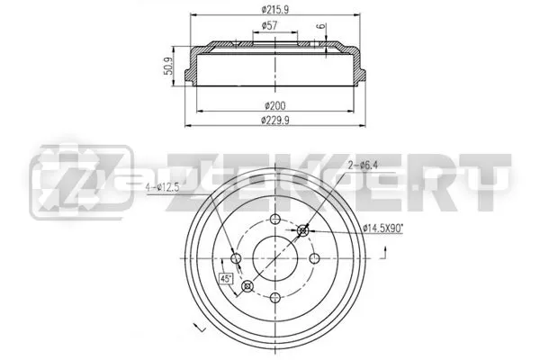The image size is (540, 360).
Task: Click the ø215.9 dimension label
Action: pyautogui.click(x=274, y=10)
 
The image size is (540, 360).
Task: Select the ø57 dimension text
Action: pyautogui.click(x=270, y=25)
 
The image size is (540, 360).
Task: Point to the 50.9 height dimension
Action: pyautogui.click(x=168, y=66)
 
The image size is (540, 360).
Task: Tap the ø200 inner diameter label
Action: pyautogui.click(x=274, y=105)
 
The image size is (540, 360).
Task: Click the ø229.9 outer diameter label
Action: pyautogui.click(x=274, y=121)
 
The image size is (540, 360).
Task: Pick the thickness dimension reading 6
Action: pyautogui.click(x=320, y=26)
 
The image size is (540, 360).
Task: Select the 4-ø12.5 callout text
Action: pyautogui.click(x=162, y=188)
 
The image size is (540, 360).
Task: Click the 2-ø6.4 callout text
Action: pyautogui.click(x=363, y=166)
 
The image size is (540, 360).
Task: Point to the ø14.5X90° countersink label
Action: pyautogui.click(x=383, y=229)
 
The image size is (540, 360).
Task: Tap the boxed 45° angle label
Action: pyautogui.click(x=226, y=278)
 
